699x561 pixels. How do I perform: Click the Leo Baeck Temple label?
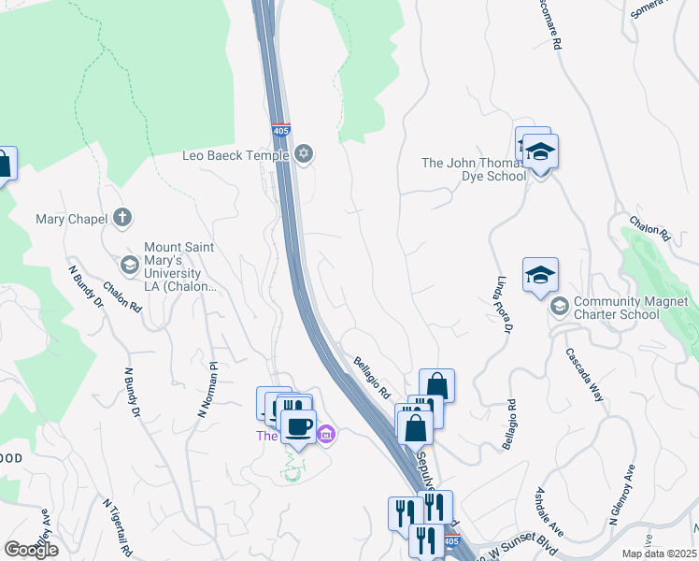tap(235, 155)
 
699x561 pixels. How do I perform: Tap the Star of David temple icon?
tap(303, 154)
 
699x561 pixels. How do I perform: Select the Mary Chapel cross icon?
tap(121, 219)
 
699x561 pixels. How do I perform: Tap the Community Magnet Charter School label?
tap(631, 308)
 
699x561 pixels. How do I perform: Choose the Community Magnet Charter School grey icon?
tap(559, 307)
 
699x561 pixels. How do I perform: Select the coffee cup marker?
tap(299, 427)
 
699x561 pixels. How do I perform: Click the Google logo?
tap(31, 550)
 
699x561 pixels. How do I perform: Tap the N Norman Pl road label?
tap(207, 389)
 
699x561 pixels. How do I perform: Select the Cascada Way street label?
tap(585, 376)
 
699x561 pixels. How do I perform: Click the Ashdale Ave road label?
tap(550, 510)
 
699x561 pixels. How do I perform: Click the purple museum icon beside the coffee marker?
tap(325, 434)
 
